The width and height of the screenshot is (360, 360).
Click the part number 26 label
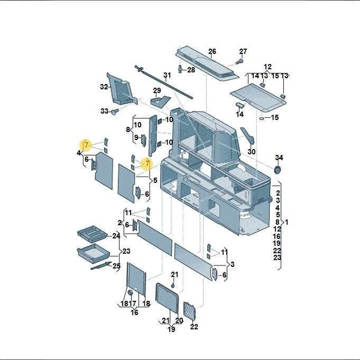click(212, 51)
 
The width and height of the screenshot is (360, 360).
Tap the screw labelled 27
click(239, 61)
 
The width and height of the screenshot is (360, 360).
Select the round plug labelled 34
click(278, 170)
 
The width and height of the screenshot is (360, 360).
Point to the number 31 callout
click(167, 75)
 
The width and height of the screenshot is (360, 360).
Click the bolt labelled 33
click(115, 112)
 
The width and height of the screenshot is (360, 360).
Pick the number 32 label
click(104, 87)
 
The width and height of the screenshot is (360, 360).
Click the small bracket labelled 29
click(160, 101)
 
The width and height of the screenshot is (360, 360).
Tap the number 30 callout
click(252, 152)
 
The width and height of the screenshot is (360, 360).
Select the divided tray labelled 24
click(92, 234)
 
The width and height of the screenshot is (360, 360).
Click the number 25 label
click(116, 266)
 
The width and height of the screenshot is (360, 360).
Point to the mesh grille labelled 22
click(189, 311)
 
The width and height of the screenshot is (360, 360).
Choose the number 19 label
click(171, 329)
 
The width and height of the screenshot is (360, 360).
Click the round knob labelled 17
click(131, 293)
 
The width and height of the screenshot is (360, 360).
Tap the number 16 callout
click(134, 312)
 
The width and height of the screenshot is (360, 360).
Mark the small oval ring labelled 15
click(262, 118)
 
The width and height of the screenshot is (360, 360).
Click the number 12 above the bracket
click(267, 67)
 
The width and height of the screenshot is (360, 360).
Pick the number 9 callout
click(136, 137)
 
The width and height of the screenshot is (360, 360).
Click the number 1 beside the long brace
click(286, 222)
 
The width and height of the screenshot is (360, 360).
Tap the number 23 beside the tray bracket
click(126, 251)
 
